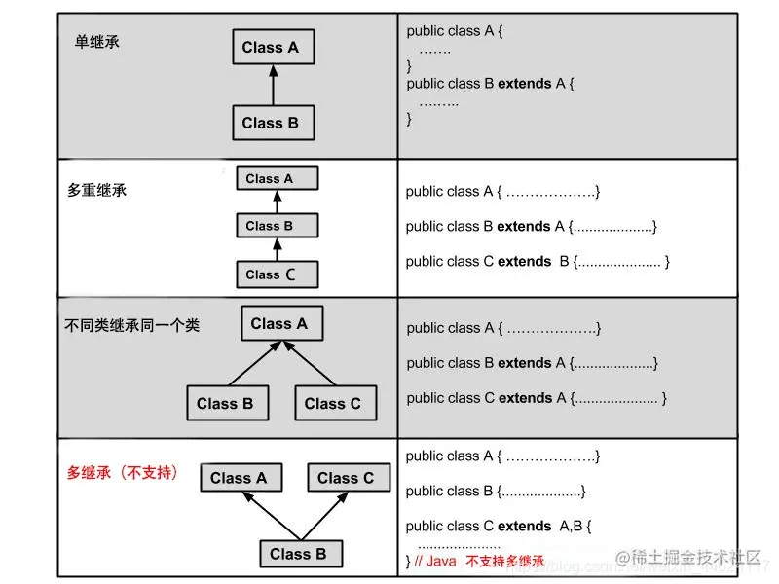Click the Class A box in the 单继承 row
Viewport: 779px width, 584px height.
click(273, 47)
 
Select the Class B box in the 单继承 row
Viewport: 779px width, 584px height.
click(273, 123)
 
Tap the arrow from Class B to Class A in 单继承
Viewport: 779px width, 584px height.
click(273, 85)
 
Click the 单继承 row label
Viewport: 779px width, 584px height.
click(97, 42)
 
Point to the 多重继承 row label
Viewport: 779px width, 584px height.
click(96, 190)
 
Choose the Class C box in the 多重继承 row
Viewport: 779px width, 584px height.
click(277, 274)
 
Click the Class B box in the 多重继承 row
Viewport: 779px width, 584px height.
click(277, 226)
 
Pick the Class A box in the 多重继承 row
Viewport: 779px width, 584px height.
click(277, 179)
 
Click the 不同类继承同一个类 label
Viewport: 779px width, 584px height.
click(131, 325)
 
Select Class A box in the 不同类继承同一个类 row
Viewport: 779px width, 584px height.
click(281, 323)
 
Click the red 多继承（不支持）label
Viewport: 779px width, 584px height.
click(123, 473)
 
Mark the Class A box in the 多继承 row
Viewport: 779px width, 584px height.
click(240, 478)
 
